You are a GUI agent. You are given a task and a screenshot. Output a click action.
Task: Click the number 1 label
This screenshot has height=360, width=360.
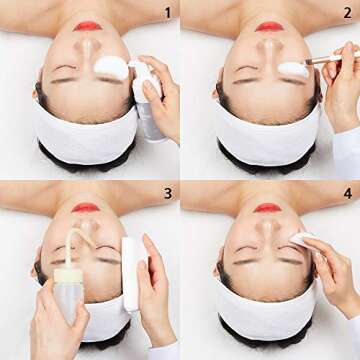pyautogui.click(x=168, y=13)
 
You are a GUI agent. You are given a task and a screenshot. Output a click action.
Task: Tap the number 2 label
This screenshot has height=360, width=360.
pyautogui.click(x=347, y=13)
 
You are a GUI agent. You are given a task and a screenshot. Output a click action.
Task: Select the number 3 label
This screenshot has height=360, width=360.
pyautogui.click(x=168, y=193)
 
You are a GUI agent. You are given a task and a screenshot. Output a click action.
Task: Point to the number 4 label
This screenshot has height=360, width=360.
pyautogui.click(x=348, y=193)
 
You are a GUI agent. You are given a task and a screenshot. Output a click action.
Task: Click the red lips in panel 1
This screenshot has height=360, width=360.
pyautogui.click(x=88, y=26)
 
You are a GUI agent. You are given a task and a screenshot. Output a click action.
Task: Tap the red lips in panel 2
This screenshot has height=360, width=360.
pyautogui.click(x=269, y=27)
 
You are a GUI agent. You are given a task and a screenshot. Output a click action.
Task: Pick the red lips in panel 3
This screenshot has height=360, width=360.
pyautogui.click(x=86, y=208)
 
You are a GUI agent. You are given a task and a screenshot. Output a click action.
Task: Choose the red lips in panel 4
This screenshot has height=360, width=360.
pyautogui.click(x=267, y=208)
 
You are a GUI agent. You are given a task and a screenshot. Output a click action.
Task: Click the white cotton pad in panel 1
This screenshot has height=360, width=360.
pyautogui.click(x=111, y=68)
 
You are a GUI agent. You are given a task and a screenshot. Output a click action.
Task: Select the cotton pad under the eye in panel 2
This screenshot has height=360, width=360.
pyautogui.click(x=293, y=70)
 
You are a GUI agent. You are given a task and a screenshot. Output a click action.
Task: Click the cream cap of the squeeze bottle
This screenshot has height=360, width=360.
pyautogui.click(x=68, y=275)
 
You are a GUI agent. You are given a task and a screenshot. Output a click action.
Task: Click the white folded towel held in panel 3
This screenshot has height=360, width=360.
pyautogui.click(x=130, y=274)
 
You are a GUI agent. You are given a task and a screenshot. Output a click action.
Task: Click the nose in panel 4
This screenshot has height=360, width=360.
pyautogui.click(x=268, y=229)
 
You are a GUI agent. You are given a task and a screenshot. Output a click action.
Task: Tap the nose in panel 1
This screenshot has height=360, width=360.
pyautogui.click(x=88, y=48)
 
